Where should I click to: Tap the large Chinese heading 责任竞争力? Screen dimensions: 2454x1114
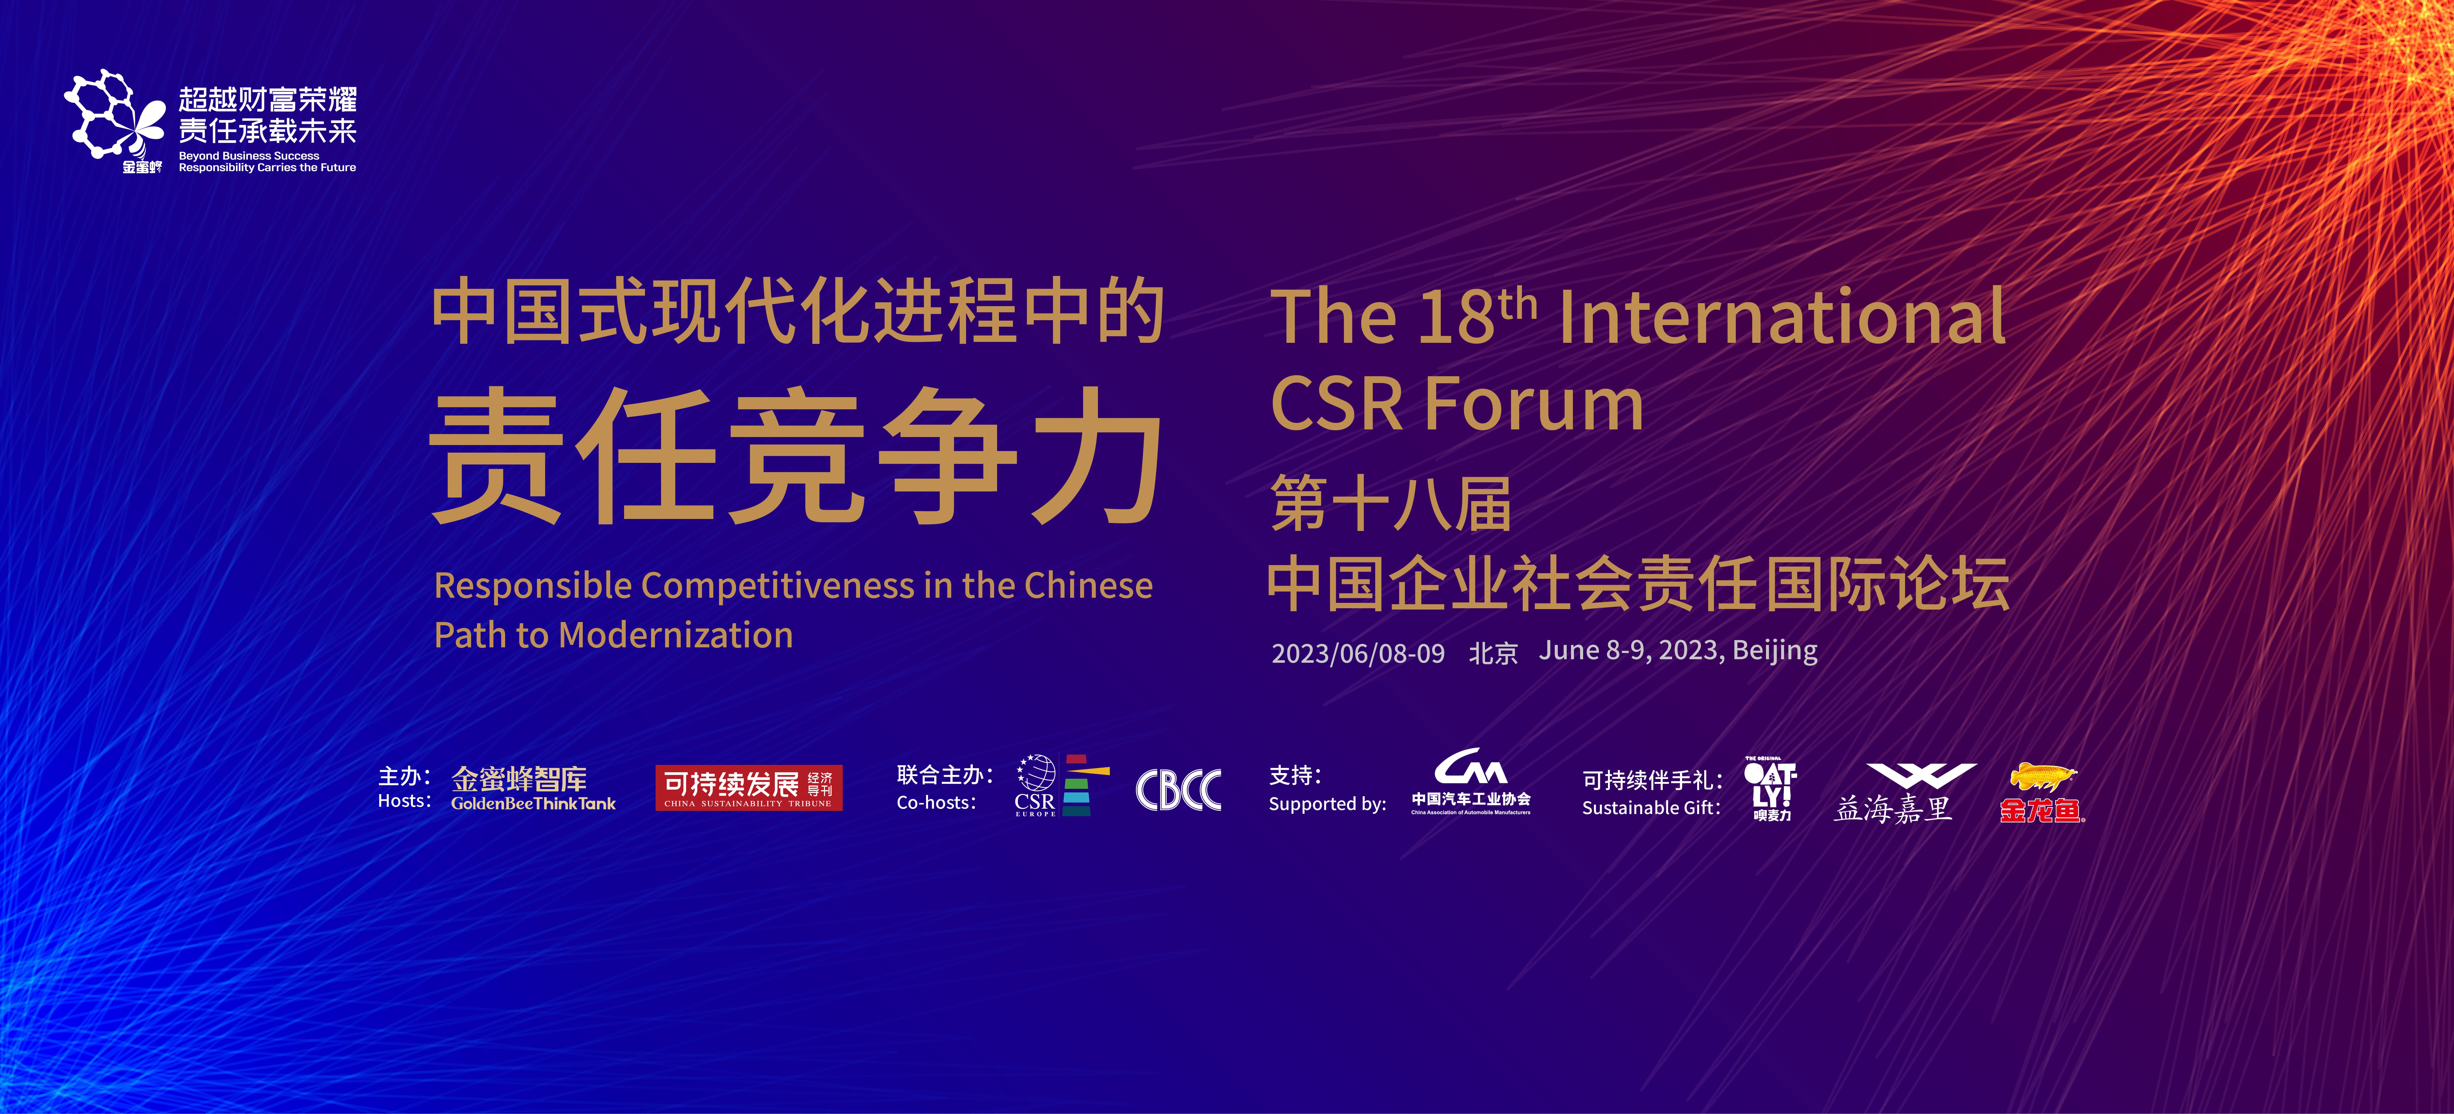(795, 456)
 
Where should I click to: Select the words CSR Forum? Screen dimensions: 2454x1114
(1457, 404)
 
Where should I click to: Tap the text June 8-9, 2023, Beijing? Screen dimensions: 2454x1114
(1679, 651)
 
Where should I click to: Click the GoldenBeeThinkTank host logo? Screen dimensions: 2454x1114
(533, 789)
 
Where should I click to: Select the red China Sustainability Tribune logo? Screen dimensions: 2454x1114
(749, 788)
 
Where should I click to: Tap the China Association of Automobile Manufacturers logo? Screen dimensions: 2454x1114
(1471, 781)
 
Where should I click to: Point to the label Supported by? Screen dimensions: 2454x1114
(1327, 804)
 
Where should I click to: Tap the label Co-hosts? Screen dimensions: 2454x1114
(936, 802)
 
